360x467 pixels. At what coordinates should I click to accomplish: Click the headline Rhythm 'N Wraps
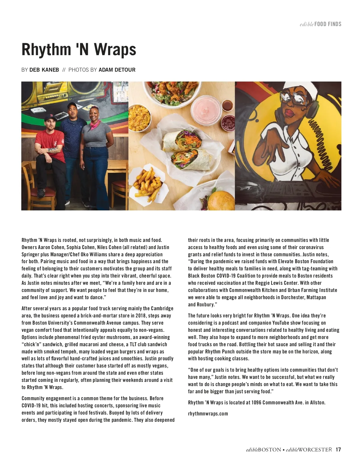tap(79, 49)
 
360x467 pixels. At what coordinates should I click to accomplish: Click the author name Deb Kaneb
tap(44, 70)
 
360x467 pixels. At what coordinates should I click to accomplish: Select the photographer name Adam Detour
tap(117, 70)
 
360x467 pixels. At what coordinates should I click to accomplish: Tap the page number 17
tap(338, 450)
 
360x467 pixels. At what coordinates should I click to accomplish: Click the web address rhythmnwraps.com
tap(208, 414)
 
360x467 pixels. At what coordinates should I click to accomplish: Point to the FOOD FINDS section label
tap(328, 24)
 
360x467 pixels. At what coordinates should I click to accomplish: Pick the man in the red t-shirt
tap(50, 150)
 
